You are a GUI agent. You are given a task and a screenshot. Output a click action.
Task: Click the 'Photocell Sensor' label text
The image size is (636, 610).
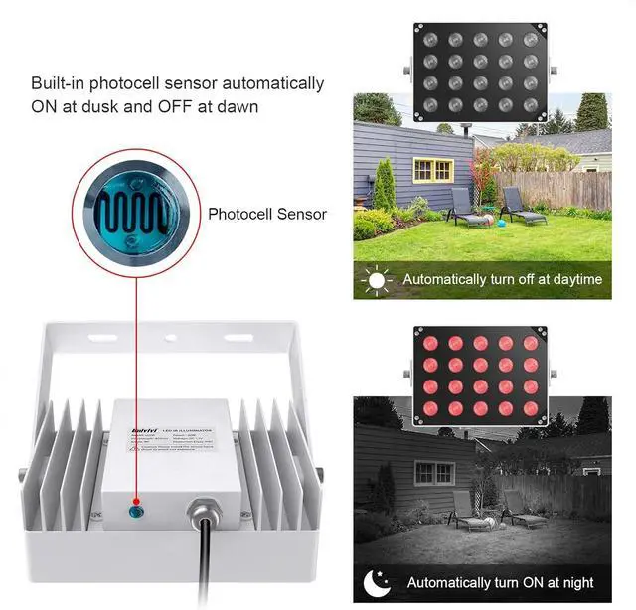coord(267,214)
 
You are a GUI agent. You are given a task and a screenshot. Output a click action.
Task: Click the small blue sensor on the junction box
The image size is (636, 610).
coord(136,513)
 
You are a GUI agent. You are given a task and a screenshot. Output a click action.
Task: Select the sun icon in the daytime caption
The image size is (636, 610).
coord(377,280)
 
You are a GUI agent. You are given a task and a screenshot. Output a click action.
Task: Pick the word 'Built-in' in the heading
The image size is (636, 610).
coord(61,83)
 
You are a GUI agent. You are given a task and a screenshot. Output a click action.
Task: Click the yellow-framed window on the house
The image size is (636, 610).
coord(432,170)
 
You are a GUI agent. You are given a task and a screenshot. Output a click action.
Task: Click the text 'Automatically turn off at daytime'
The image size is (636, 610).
coord(503,280)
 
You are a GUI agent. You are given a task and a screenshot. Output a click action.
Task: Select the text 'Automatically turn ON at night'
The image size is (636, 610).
coord(499,583)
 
